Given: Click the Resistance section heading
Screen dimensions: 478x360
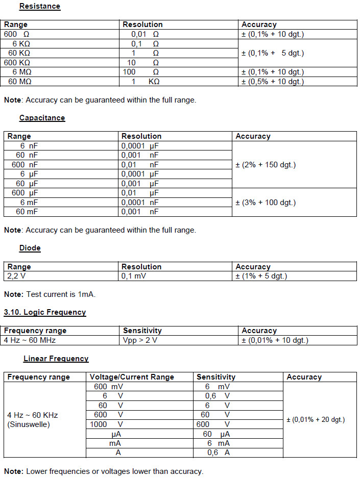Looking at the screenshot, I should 39,7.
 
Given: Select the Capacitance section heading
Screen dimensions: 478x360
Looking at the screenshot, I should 42,118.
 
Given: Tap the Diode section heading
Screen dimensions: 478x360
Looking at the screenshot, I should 30,248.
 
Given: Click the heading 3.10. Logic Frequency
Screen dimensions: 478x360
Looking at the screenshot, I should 44,312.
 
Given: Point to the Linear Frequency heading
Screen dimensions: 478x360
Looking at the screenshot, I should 56,359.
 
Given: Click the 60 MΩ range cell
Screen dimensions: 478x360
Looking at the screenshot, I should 20,82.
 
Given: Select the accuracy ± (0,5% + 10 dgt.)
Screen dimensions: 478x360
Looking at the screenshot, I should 273,82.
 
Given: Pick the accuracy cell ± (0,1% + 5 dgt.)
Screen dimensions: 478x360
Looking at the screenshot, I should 273,53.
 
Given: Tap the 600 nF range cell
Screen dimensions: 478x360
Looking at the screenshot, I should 25,165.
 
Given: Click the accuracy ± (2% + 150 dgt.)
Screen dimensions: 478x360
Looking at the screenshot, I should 266,165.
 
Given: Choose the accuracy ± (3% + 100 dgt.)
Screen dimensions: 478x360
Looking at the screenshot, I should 266,203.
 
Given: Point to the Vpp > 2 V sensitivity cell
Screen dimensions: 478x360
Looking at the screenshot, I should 140,340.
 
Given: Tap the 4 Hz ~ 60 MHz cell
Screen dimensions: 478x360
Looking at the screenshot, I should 30,340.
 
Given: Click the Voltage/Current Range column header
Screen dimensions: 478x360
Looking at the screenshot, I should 132,377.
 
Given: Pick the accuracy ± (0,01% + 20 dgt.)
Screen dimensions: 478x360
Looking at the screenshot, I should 316,419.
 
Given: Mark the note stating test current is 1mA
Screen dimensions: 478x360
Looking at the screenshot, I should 50,294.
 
